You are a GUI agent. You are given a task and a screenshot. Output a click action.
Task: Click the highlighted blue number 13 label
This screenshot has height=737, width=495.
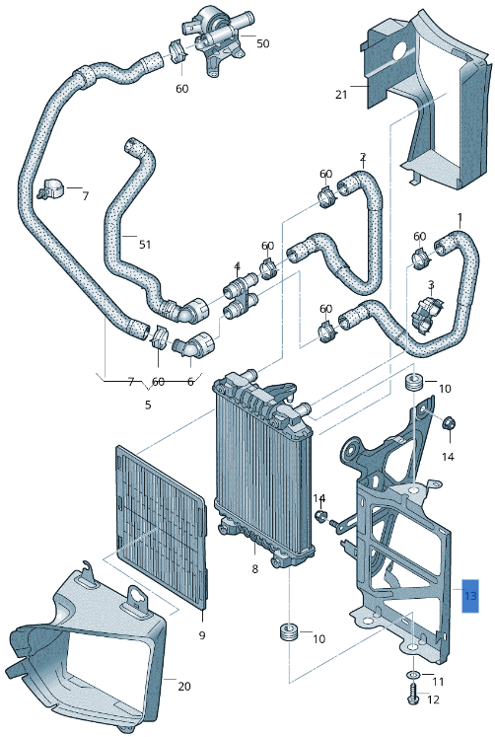(470, 596)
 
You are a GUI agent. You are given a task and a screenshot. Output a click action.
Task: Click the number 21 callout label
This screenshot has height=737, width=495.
(341, 95)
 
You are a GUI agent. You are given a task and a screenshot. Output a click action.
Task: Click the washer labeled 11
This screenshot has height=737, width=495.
(412, 678)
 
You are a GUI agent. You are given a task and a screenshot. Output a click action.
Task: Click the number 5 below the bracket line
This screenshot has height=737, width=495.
(148, 404)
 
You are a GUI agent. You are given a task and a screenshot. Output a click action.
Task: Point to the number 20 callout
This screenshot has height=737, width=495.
(184, 685)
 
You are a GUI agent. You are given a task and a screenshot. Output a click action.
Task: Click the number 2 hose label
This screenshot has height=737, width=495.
(362, 157)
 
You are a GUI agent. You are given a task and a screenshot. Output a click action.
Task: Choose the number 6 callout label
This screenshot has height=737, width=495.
(190, 382)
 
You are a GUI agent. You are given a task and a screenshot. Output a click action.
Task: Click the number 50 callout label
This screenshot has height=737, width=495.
(262, 43)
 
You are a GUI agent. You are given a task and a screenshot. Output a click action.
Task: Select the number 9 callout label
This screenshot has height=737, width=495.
(201, 635)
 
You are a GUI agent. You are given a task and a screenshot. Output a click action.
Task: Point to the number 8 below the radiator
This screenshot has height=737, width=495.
(254, 569)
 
